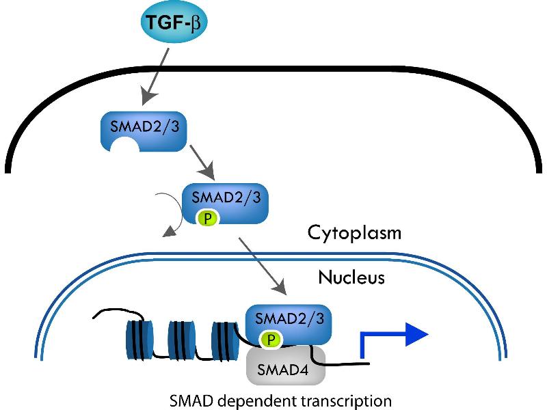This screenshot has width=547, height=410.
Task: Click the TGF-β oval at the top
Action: pos(174,23)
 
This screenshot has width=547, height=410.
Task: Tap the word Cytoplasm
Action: pos(354,232)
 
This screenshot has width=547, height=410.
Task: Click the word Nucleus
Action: pos(351,277)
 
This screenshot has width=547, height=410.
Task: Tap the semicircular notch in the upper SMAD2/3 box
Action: pos(122,143)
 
